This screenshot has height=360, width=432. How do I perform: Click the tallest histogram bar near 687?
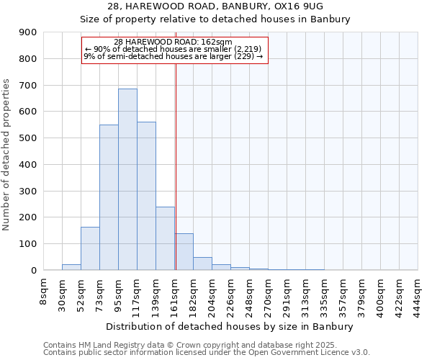(x=127, y=179)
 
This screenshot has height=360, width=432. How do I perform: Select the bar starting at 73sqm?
(x=109, y=197)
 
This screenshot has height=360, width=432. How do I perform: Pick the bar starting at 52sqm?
(x=90, y=248)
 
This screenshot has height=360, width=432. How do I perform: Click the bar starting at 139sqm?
(x=165, y=238)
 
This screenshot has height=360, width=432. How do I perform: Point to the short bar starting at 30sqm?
(x=71, y=267)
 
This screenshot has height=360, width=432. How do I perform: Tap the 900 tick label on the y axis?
(x=28, y=32)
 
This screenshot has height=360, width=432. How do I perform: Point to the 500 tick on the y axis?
(x=28, y=138)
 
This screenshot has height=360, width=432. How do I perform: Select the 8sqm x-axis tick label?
(x=43, y=292)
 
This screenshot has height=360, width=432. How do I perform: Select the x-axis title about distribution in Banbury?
(x=230, y=327)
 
